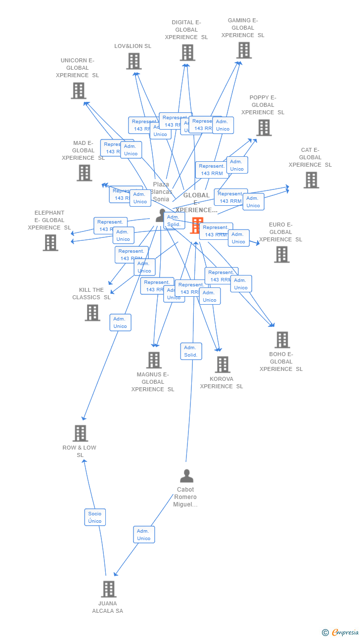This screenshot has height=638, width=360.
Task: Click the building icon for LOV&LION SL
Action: coord(134,61)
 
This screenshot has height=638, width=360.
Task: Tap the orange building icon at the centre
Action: coord(197,226)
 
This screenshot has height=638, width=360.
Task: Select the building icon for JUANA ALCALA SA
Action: coord(109,589)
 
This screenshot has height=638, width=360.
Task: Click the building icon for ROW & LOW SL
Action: coord(80,433)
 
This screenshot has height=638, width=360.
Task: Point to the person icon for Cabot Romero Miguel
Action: coord(186,476)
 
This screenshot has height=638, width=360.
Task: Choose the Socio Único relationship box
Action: coord(95,517)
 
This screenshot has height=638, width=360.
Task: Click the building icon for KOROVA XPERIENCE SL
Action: coord(223,365)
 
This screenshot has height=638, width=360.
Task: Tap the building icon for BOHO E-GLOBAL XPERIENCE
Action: coord(282,340)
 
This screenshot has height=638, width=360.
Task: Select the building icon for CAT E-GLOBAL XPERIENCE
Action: coord(311,180)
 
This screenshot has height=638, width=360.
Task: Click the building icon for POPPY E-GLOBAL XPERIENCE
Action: coord(264,128)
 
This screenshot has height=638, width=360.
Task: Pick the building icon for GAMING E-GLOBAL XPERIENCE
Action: coord(244,50)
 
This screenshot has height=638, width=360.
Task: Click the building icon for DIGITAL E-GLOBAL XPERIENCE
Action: coord(187,52)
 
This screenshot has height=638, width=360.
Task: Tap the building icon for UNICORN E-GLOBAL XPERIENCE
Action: coord(79,91)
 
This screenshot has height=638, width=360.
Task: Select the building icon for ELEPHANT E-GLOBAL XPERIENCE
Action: coord(50,243)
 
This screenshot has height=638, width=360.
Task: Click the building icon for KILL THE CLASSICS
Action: coord(92,313)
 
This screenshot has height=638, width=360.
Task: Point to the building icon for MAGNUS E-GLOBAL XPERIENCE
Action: coord(154,360)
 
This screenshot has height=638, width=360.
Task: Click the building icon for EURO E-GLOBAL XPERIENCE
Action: coord(282,254)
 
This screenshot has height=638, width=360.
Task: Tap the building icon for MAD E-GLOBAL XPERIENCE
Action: coord(85,173)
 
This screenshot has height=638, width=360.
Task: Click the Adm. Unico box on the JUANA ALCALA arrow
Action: coord(144,535)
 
